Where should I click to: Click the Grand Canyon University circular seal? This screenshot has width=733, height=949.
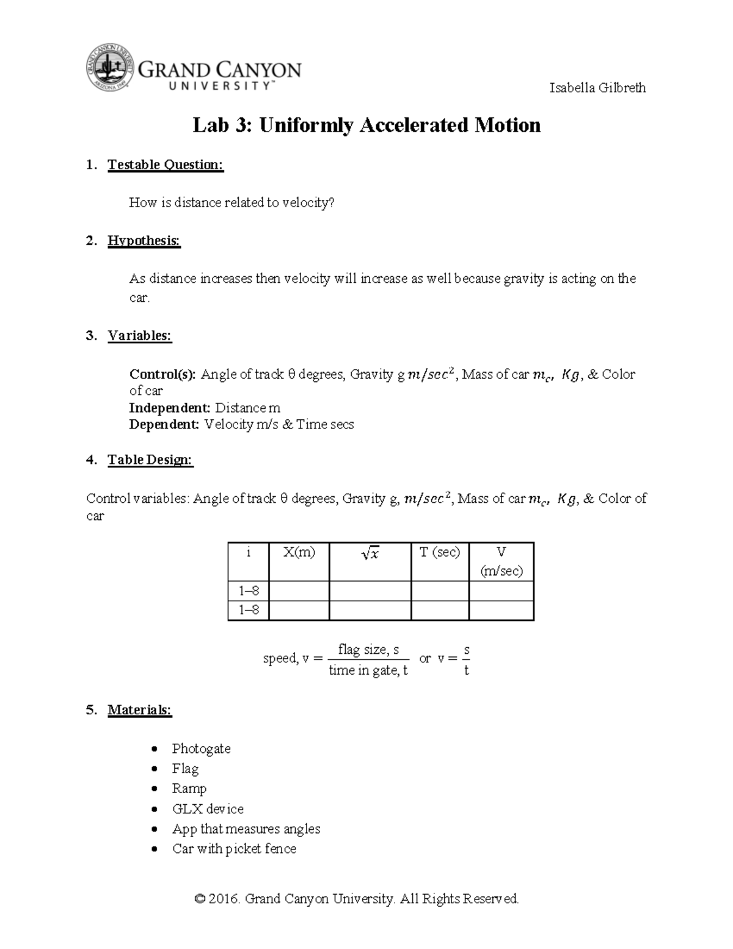tap(109, 68)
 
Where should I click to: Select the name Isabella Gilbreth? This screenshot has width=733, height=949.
tap(597, 87)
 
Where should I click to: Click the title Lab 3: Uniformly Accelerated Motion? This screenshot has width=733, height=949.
tap(366, 125)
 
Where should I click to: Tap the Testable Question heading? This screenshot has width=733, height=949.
tap(166, 164)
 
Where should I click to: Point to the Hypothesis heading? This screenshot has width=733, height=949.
tap(144, 241)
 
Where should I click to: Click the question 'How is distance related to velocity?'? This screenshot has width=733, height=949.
tap(232, 203)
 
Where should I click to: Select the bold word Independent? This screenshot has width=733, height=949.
tap(169, 408)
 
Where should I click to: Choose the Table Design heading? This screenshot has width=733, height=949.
tap(150, 460)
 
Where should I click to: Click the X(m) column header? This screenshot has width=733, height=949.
tap(299, 552)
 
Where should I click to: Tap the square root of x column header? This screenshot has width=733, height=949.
tap(370, 554)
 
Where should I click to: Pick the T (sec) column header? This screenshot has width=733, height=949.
tap(439, 552)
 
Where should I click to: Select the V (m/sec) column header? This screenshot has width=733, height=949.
tap(501, 561)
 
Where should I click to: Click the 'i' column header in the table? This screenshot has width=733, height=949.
tap(248, 552)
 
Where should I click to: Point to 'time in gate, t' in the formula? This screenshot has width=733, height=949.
tap(368, 671)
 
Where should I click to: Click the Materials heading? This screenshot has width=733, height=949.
tap(139, 710)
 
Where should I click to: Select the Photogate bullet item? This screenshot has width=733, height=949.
tap(201, 749)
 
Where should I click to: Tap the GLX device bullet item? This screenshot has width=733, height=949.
tap(208, 809)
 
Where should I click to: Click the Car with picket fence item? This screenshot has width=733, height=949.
tap(234, 849)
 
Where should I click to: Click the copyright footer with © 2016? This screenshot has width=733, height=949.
tap(356, 898)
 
